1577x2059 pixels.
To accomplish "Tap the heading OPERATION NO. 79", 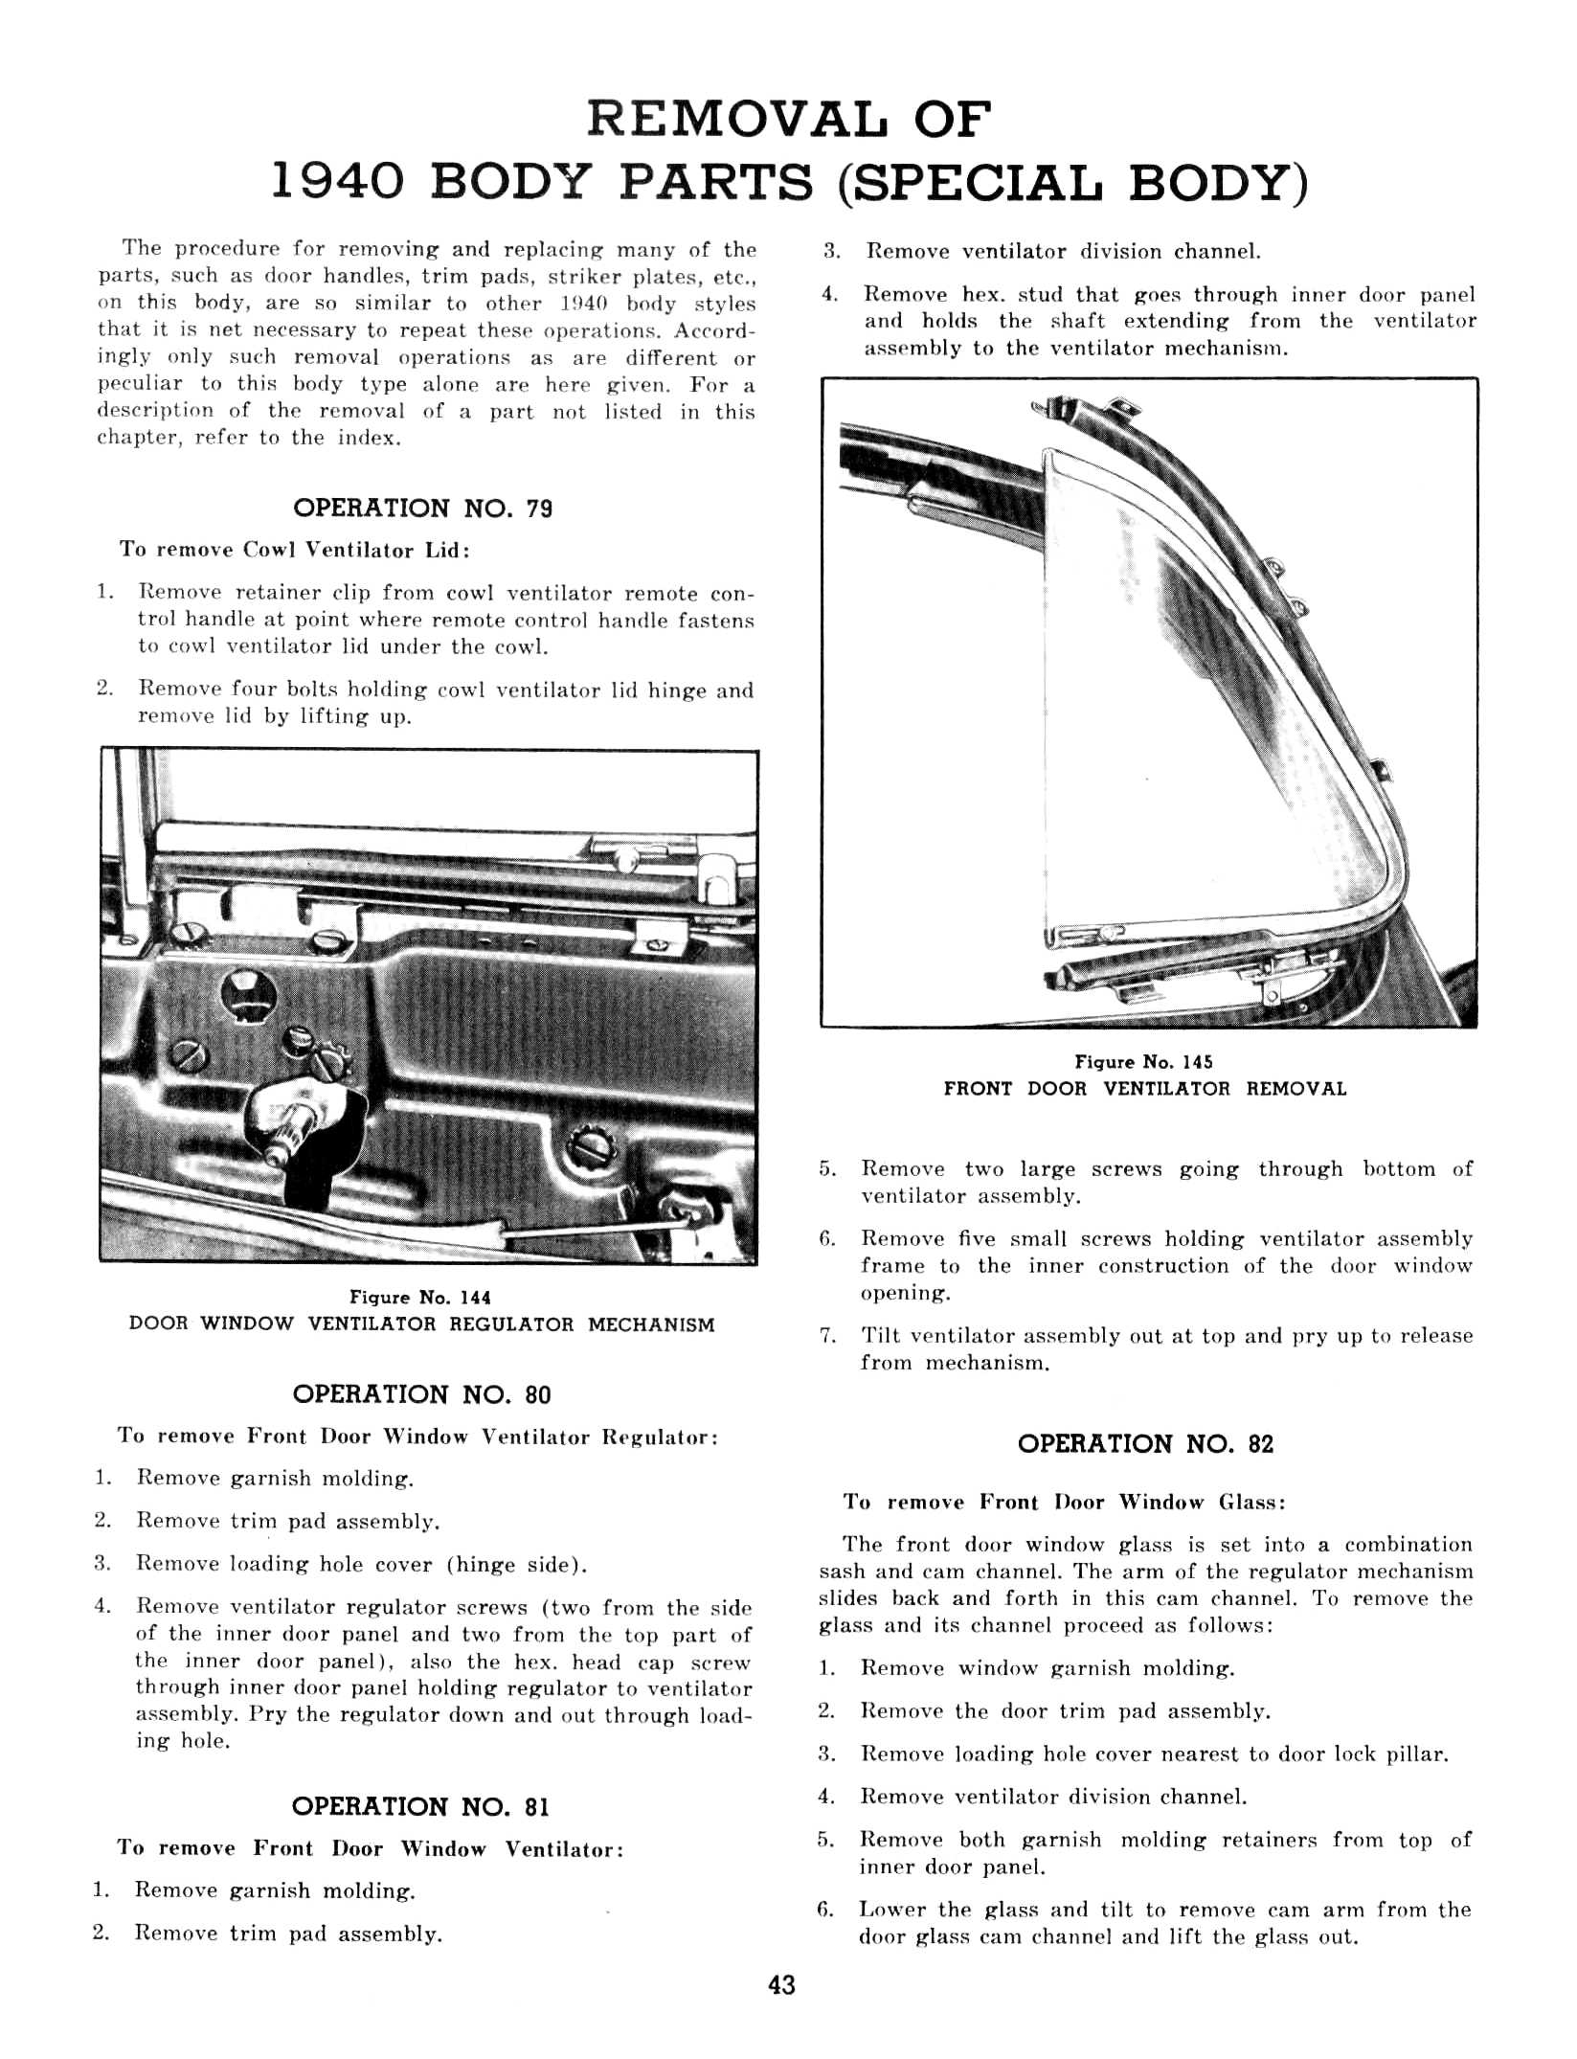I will click(422, 508).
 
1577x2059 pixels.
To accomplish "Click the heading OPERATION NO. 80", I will click(421, 1394).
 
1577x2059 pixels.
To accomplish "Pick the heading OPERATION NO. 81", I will click(420, 1806).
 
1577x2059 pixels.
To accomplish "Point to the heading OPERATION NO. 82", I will click(1145, 1444).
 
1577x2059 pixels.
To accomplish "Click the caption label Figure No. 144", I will click(420, 1298).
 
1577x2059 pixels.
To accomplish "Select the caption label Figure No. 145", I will click(1143, 1062).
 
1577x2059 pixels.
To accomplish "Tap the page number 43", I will click(781, 1985).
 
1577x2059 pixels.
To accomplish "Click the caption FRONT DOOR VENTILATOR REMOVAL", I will click(1144, 1089).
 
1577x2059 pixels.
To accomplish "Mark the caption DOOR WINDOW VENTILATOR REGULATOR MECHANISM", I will click(421, 1324).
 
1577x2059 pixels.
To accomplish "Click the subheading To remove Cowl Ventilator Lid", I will click(294, 550).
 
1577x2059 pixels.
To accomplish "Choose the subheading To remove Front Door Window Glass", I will click(1064, 1502).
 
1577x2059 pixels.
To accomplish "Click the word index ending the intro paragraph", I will click(368, 439).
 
